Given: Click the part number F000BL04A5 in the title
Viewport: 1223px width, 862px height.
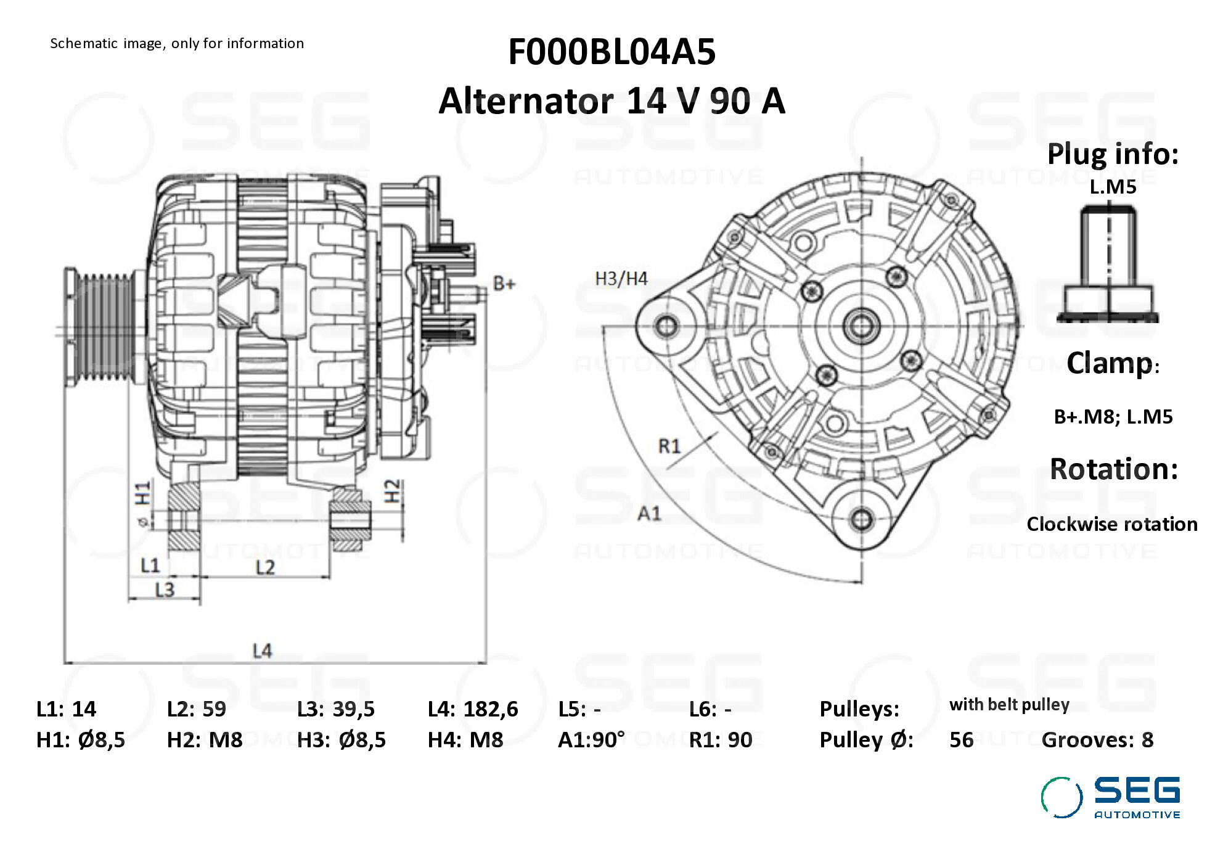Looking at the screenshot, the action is [x=611, y=51].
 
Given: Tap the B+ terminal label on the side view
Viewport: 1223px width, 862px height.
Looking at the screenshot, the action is [x=504, y=284].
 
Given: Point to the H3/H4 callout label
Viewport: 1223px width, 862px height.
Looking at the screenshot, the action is [x=621, y=279].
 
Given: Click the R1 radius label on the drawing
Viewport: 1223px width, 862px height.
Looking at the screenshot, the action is [x=669, y=446].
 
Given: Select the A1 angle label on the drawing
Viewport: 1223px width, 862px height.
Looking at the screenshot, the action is [x=649, y=513].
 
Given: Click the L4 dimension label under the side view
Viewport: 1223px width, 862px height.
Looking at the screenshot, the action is [x=262, y=651].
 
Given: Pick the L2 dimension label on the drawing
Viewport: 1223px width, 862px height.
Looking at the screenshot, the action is [x=265, y=567].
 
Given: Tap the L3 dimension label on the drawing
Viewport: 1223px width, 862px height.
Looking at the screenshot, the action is [x=165, y=590].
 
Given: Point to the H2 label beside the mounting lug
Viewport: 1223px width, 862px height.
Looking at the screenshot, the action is [x=392, y=491].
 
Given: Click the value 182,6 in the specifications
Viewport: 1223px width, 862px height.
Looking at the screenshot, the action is [x=491, y=709].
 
